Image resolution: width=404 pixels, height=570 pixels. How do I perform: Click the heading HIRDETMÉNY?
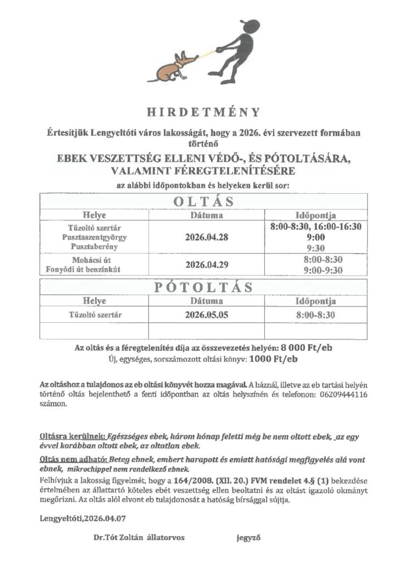(203, 112)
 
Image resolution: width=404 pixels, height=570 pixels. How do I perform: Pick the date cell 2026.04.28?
(206, 237)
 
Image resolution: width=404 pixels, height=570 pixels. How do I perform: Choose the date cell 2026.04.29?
(206, 264)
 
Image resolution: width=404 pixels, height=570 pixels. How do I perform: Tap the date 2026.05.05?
(206, 316)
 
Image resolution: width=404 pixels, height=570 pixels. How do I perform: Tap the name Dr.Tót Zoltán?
(119, 538)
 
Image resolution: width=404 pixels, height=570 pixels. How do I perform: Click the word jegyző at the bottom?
(249, 538)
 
